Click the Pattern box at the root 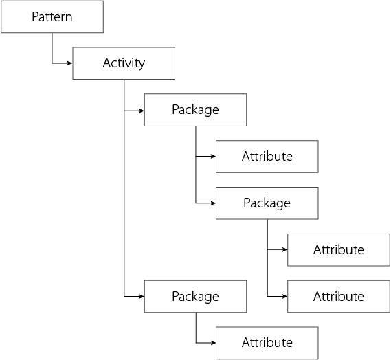tap(52, 16)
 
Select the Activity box tap(124, 63)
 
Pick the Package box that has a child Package tap(195, 110)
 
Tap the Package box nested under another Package tap(267, 203)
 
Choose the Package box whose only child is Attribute tap(195, 296)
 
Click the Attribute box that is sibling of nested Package tap(267, 156)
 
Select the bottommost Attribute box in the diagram tap(267, 342)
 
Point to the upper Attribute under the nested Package tap(338, 249)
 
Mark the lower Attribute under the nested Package tap(338, 296)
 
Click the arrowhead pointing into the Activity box tap(69, 63)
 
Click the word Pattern tap(52, 16)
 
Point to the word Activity tap(124, 63)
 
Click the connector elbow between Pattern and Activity tap(52, 63)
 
